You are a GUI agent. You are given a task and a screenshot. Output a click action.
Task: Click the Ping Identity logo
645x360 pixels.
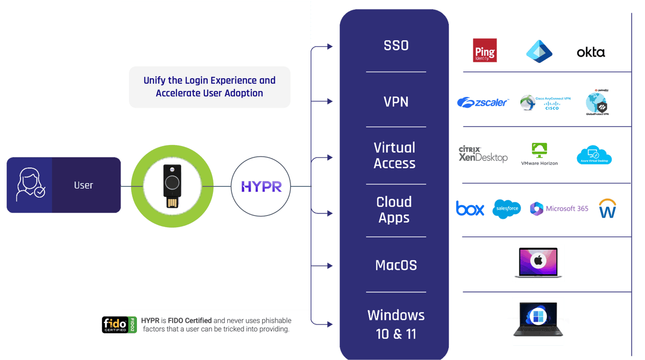tap(485, 51)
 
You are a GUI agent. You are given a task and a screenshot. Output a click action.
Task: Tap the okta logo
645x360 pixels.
tap(591, 52)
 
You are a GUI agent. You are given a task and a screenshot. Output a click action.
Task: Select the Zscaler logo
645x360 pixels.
tap(483, 103)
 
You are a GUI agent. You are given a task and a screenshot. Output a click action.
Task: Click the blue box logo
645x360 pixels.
tap(470, 208)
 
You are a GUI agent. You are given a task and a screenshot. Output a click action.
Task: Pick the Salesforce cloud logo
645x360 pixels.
tap(507, 208)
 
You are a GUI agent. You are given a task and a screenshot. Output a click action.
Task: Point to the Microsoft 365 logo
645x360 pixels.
tap(559, 208)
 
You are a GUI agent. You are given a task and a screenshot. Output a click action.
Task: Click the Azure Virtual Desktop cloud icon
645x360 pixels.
tap(594, 155)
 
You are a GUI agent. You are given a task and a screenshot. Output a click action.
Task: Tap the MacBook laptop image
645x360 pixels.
tap(538, 262)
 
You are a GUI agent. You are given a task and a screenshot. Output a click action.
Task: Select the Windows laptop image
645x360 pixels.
tap(538, 321)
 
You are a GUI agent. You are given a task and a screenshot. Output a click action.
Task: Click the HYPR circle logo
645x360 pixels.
tap(261, 186)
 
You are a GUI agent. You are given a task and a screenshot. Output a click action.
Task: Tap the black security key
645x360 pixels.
tap(172, 186)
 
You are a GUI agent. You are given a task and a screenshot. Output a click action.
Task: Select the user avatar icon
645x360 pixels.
tap(30, 185)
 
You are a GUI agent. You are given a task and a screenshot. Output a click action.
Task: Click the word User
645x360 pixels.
tap(83, 185)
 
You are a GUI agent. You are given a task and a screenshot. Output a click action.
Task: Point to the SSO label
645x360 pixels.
tap(396, 45)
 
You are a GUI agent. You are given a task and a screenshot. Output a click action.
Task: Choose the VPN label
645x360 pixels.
tap(396, 102)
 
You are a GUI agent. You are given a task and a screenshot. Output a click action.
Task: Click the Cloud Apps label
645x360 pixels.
tap(394, 209)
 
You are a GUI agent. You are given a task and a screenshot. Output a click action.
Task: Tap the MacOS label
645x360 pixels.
tap(396, 265)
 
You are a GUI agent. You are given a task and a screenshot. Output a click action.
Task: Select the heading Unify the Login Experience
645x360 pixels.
tap(209, 87)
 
